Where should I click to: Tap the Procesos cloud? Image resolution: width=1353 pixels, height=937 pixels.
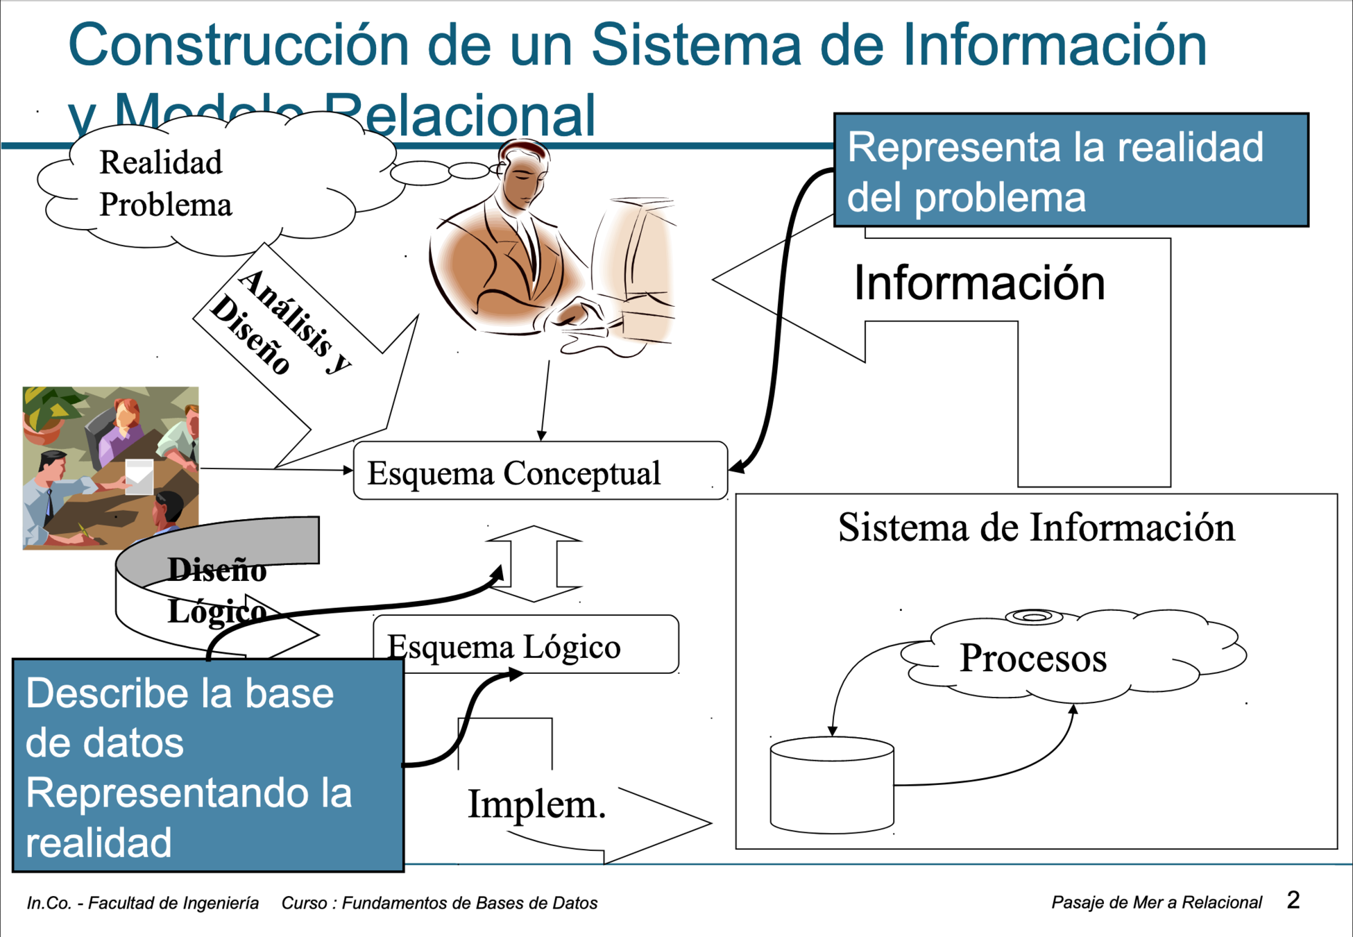1032,658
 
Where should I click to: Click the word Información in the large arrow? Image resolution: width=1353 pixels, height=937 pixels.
979,283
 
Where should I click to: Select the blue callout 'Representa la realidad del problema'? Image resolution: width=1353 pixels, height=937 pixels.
1071,171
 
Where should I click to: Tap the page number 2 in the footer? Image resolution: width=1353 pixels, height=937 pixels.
1293,900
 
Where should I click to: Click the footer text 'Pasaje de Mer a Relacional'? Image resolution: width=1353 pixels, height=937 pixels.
1156,902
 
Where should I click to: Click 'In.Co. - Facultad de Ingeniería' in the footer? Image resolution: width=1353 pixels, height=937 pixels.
143,903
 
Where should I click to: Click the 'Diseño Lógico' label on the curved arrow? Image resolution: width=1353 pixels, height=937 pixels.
217,590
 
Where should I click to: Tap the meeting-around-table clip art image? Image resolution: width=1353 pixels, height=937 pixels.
110,468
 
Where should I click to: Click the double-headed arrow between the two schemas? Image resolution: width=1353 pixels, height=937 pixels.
534,564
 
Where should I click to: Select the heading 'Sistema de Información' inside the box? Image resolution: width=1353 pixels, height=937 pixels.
1036,527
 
